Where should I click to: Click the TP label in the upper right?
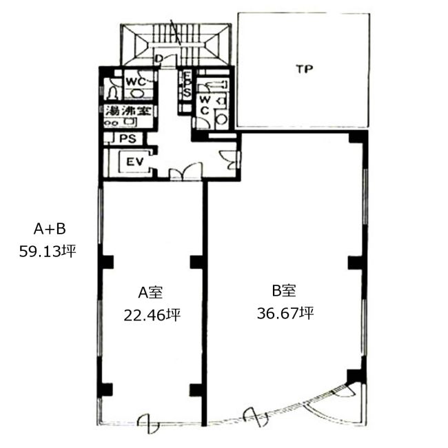tap(304, 69)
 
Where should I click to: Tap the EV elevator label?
tap(135, 162)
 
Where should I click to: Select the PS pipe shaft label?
tap(128, 139)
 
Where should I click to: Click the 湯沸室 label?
tap(128, 110)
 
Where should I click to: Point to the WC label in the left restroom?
tap(136, 82)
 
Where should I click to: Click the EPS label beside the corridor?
tap(187, 84)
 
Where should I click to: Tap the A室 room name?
tap(150, 292)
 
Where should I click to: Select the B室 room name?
tap(283, 291)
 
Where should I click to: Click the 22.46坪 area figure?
tap(152, 316)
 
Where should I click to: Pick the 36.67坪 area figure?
tap(285, 313)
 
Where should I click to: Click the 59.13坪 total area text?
tap(48, 252)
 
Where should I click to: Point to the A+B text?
tap(50, 229)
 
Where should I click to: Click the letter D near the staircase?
tap(159, 59)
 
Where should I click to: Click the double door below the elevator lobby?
tap(185, 172)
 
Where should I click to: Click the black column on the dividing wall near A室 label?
tap(196, 262)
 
